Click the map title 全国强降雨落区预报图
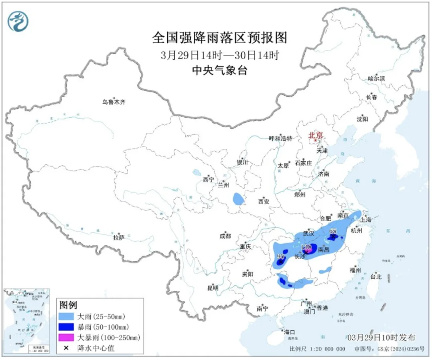click(220, 38)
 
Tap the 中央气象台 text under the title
click(220, 71)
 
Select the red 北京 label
click(316, 136)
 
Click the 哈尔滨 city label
click(376, 79)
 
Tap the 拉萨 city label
click(119, 238)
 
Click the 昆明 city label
click(213, 288)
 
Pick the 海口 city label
click(289, 332)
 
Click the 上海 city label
click(366, 220)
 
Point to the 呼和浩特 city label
click(280, 138)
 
